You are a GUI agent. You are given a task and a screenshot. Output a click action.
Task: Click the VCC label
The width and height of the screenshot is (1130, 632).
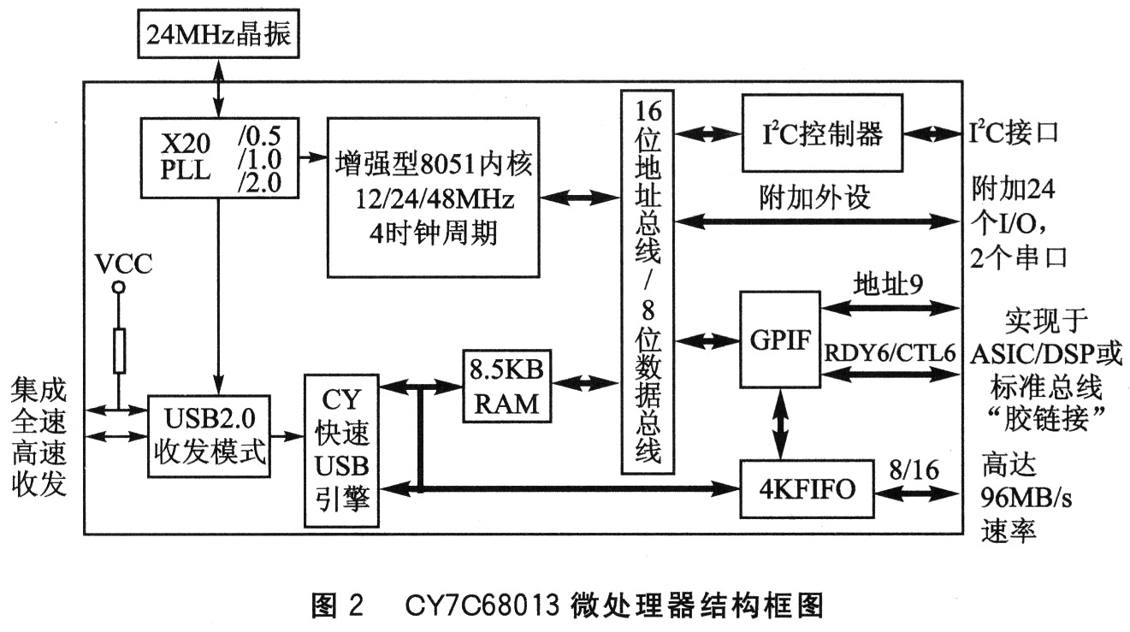pos(123,263)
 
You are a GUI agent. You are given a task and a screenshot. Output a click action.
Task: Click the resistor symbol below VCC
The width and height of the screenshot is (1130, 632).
pos(119,351)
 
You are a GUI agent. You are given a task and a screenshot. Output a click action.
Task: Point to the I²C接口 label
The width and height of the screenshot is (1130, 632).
pos(1013,133)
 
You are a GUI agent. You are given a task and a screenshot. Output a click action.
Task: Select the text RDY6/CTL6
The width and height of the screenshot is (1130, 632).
pos(890,353)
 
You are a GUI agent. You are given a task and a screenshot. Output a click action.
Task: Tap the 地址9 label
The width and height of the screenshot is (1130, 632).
pos(888,284)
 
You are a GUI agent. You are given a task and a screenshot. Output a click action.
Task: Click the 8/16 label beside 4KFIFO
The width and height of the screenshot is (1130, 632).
pos(914,470)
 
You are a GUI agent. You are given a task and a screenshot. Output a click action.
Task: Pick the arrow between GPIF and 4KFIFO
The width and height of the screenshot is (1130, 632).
pos(780,423)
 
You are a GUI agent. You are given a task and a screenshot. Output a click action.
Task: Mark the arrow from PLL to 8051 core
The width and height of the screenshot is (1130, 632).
pos(313,157)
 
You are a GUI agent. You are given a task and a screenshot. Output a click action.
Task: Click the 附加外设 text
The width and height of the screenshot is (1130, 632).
pos(815,197)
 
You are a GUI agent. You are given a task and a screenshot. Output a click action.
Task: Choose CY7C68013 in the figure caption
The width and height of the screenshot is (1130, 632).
pos(482,605)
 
